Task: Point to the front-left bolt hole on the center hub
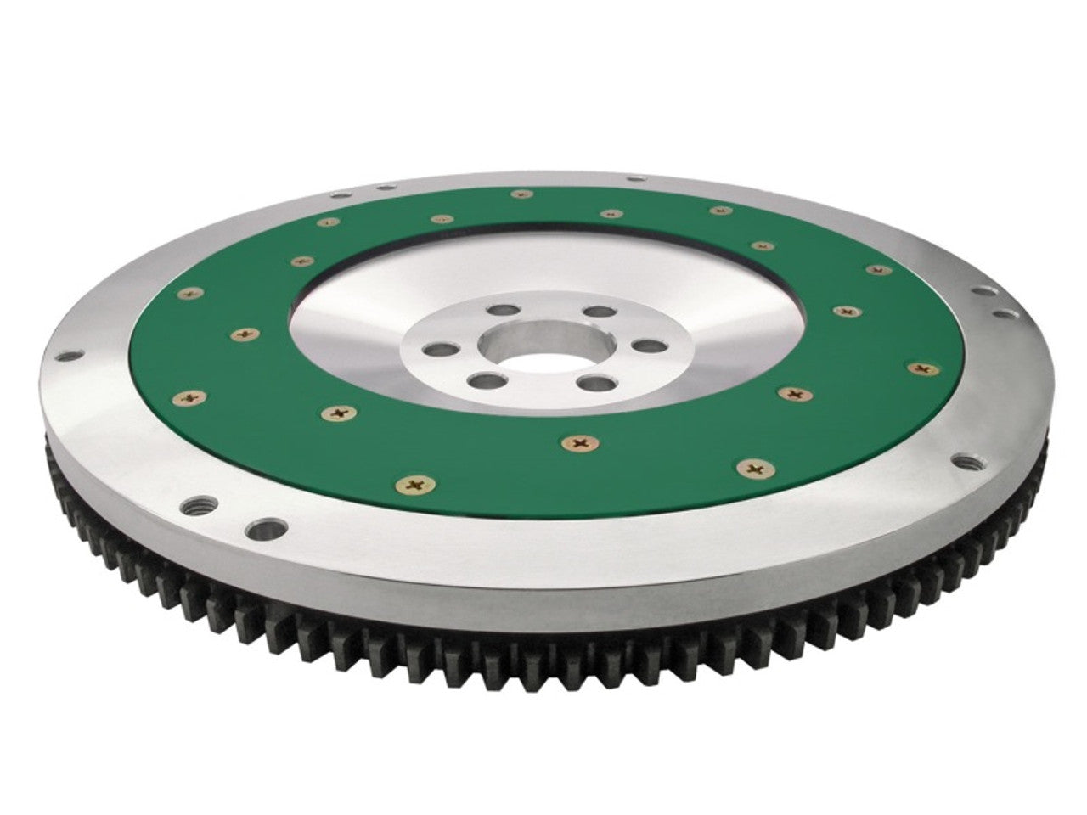tap(487, 380)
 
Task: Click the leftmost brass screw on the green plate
tap(188, 396)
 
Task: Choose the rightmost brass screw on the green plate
tap(922, 368)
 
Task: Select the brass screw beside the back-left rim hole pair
tap(324, 223)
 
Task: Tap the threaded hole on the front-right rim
tap(966, 463)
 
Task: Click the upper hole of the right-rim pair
tap(984, 291)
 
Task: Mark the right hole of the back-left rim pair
tap(386, 187)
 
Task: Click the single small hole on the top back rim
tap(634, 178)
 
